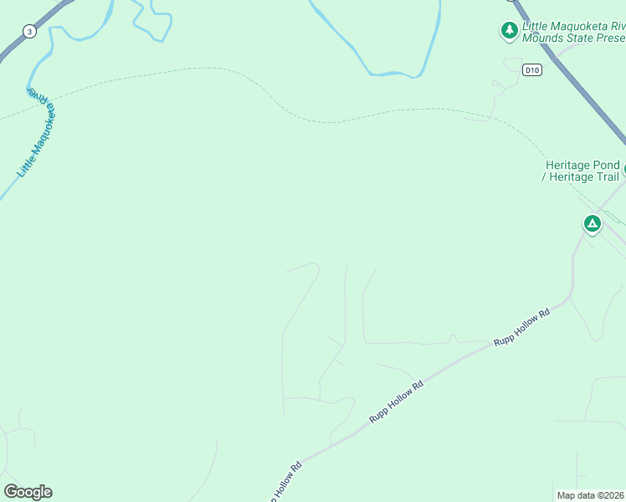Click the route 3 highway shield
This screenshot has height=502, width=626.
coord(30,32)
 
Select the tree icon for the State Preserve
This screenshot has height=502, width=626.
coord(509,31)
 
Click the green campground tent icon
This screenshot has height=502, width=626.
coord(592,223)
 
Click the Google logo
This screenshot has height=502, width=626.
coord(28,491)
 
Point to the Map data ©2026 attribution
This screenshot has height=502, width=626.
coord(590,495)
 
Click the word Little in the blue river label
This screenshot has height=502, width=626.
coord(25,164)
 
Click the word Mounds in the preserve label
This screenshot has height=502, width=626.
coord(549,38)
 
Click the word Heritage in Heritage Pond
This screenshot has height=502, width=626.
coord(568,165)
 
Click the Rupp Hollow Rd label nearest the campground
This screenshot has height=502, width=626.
coord(521,327)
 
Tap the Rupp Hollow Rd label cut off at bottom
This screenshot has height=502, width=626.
coord(285,483)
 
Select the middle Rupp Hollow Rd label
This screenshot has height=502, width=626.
coord(397,402)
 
